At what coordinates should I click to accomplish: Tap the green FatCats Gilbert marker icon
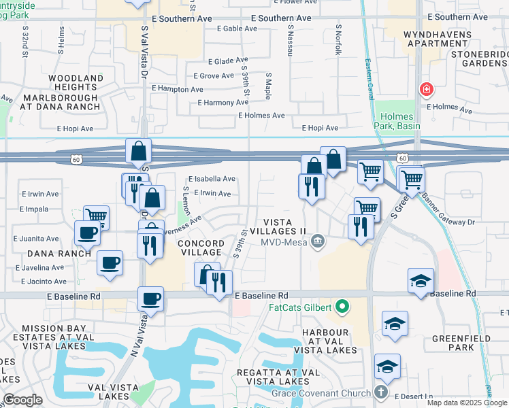(x=342, y=307)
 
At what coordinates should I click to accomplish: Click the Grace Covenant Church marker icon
(x=381, y=392)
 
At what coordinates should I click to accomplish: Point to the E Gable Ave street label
(x=237, y=29)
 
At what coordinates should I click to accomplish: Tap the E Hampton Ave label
(x=178, y=89)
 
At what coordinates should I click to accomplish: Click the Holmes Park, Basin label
(x=397, y=121)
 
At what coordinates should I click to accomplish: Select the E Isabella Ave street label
(x=212, y=179)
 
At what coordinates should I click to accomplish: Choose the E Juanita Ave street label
(x=36, y=239)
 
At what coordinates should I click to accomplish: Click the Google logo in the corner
(x=22, y=400)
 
